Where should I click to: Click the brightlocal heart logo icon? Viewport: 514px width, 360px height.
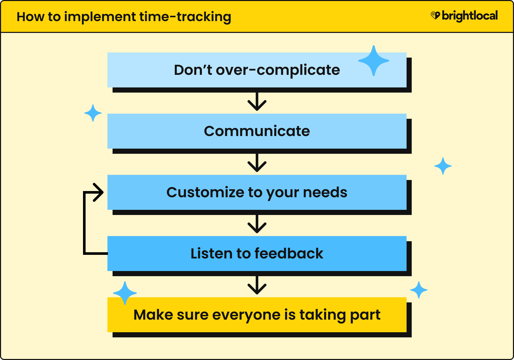pyautogui.click(x=435, y=15)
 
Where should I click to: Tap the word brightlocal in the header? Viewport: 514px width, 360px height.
pyautogui.click(x=470, y=16)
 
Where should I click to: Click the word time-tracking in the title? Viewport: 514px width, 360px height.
pyautogui.click(x=185, y=17)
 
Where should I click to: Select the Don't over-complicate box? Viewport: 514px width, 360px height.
pyautogui.click(x=257, y=70)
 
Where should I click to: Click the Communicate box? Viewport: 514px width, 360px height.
pyautogui.click(x=257, y=131)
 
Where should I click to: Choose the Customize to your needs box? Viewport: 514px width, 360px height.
pyautogui.click(x=257, y=192)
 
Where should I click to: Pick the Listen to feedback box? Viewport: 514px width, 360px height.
pyautogui.click(x=257, y=254)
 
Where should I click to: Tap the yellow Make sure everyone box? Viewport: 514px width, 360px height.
pyautogui.click(x=257, y=315)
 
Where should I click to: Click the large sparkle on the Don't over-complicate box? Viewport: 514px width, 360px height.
pyautogui.click(x=374, y=61)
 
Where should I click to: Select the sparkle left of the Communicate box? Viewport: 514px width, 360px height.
pyautogui.click(x=93, y=113)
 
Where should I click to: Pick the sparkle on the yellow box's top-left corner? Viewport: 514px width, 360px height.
pyautogui.click(x=125, y=293)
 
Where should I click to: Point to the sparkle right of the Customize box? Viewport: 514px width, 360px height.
pyautogui.click(x=443, y=166)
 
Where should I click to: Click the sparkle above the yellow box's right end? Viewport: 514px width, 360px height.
pyautogui.click(x=419, y=290)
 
